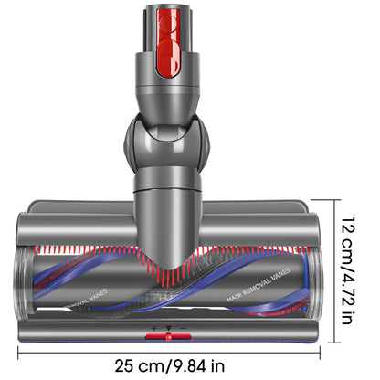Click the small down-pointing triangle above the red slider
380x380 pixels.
pos(169,327)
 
